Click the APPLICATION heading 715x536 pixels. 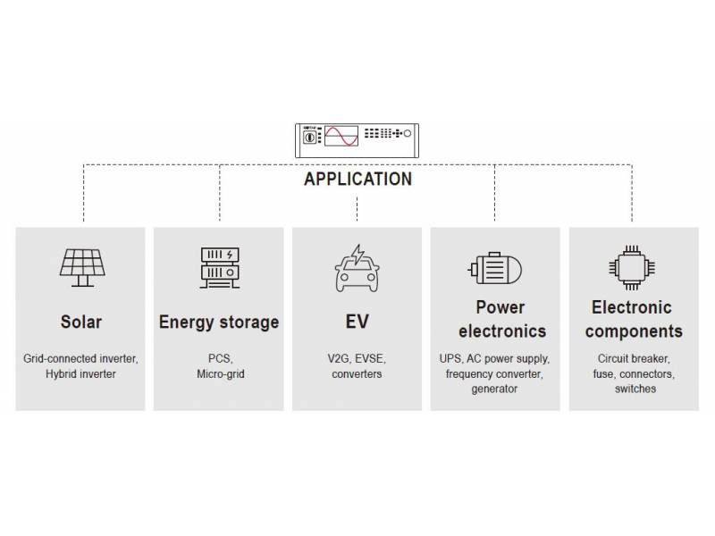coord(357,179)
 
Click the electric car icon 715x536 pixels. coord(357,267)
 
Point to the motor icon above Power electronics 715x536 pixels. coord(494,268)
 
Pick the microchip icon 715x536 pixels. coord(633,266)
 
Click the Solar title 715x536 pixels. coord(80,322)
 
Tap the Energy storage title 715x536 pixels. coord(219,322)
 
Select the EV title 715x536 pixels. coord(357,322)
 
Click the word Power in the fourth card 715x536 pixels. coord(500,307)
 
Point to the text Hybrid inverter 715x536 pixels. coord(80,373)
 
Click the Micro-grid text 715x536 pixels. coord(220,373)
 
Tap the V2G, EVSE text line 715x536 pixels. coord(357,358)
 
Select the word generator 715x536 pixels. coord(494,389)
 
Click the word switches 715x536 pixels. coord(635,389)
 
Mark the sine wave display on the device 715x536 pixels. coord(341,136)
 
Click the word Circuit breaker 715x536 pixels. coord(634,358)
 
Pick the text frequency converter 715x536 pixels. coord(495,373)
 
